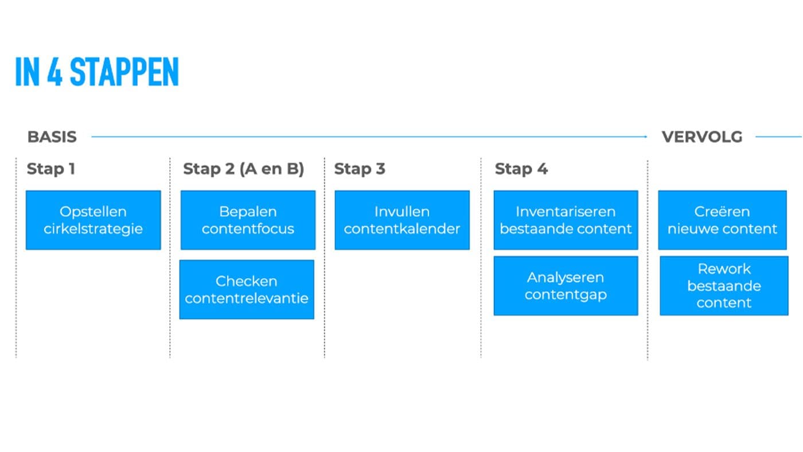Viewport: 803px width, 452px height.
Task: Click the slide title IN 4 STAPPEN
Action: click(97, 72)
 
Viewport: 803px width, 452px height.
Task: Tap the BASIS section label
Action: click(52, 137)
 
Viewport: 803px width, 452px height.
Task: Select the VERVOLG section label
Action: click(702, 137)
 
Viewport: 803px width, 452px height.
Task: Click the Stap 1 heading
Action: click(51, 169)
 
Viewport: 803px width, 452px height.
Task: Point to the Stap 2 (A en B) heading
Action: click(243, 169)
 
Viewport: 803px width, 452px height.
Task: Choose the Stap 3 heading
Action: click(360, 169)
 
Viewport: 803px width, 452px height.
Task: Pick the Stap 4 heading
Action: click(521, 169)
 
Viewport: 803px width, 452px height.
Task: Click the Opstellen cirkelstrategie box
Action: click(93, 220)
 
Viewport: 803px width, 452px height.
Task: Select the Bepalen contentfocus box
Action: click(248, 220)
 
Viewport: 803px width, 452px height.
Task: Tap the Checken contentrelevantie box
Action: click(247, 290)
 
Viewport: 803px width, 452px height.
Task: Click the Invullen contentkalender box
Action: click(402, 220)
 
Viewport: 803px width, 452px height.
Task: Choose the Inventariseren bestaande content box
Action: click(566, 220)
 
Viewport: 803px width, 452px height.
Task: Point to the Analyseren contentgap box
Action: click(566, 286)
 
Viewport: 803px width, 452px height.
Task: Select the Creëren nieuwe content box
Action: click(722, 220)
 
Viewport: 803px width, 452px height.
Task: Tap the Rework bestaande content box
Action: click(724, 286)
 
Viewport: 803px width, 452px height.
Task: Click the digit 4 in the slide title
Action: click(54, 72)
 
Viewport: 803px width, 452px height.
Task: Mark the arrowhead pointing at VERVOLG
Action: click(646, 137)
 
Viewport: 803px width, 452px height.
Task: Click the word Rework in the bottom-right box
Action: click(724, 269)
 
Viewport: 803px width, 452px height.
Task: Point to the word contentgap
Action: click(566, 295)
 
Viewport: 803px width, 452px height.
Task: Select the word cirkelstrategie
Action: click(93, 229)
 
